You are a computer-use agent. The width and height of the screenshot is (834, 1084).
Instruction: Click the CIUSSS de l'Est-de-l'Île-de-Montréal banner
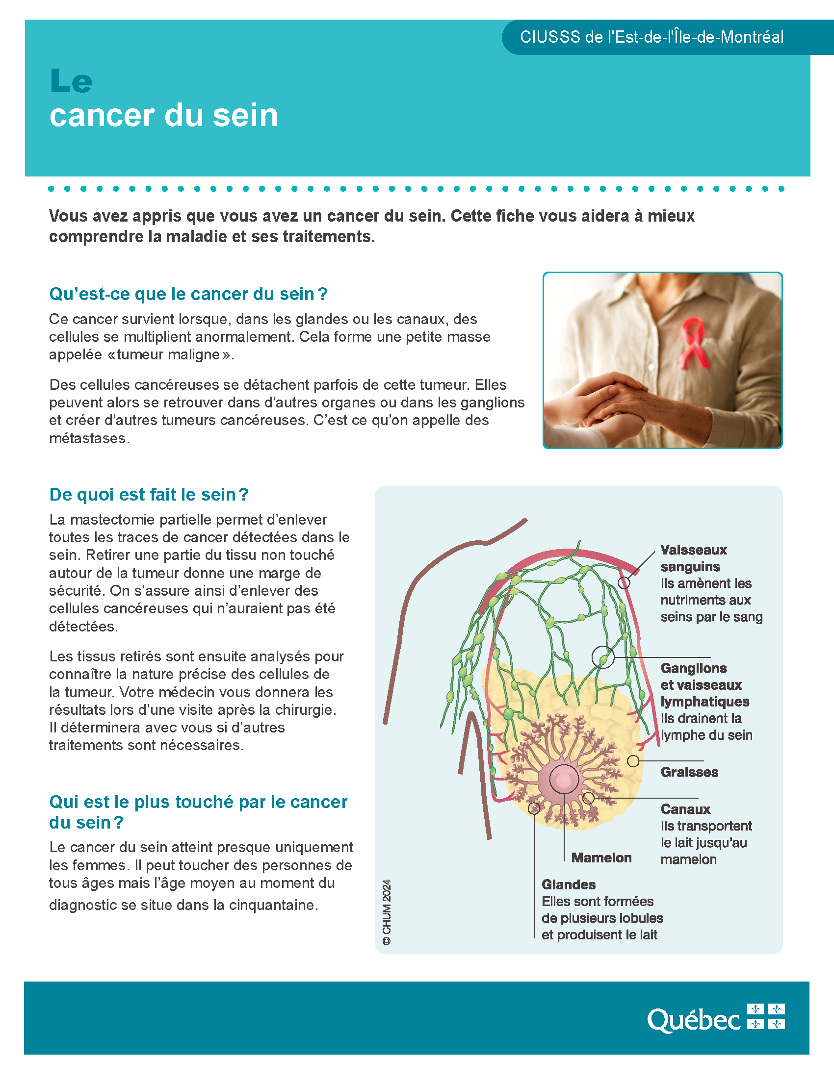[652, 37]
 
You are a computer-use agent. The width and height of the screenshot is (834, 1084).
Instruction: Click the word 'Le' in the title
[71, 81]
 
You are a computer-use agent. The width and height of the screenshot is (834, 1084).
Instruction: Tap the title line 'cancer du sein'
[163, 115]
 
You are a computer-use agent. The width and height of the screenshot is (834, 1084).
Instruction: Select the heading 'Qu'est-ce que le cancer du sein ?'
[188, 294]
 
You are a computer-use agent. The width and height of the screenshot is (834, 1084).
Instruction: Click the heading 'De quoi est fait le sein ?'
[149, 495]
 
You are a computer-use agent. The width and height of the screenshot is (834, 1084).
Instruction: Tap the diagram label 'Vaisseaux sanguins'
[693, 558]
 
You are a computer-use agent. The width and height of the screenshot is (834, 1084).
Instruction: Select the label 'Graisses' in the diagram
[689, 772]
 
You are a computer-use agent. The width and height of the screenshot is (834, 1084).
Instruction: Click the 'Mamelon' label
[601, 858]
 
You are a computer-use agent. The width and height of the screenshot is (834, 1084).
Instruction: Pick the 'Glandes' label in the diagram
[569, 884]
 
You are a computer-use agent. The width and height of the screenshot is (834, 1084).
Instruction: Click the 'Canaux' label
[685, 809]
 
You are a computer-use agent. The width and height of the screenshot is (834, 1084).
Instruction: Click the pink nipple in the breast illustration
[564, 779]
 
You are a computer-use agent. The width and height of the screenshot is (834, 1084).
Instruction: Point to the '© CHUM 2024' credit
[387, 912]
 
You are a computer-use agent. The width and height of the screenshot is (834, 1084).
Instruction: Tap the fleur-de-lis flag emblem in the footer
[766, 1016]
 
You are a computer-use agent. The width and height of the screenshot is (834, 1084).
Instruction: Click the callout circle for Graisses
[633, 761]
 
